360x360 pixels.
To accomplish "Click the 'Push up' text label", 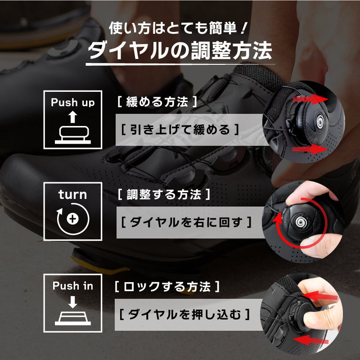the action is click(x=73, y=103).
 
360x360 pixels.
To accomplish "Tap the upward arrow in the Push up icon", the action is click(x=73, y=117).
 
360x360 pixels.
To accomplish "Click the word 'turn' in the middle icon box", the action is click(x=72, y=195).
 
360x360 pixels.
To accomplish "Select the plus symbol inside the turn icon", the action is click(x=72, y=219).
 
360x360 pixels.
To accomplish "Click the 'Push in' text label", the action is click(x=73, y=286).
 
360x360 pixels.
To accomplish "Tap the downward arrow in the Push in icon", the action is click(x=73, y=302).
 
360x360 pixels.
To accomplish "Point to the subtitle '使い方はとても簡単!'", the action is click(x=177, y=28).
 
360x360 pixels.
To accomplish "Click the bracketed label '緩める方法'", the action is click(x=157, y=102).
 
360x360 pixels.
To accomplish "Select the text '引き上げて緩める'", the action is click(x=180, y=130).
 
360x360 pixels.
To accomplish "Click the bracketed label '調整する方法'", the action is click(x=164, y=194).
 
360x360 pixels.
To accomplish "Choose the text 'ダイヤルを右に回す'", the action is click(x=186, y=222).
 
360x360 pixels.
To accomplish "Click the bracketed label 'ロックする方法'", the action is click(x=167, y=287).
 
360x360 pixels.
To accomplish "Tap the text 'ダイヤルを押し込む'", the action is click(x=184, y=314).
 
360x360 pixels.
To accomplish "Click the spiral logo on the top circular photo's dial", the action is click(x=319, y=120).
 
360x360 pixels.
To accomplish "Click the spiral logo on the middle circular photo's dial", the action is click(x=300, y=221).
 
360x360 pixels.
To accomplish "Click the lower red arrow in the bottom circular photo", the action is click(x=311, y=340).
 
